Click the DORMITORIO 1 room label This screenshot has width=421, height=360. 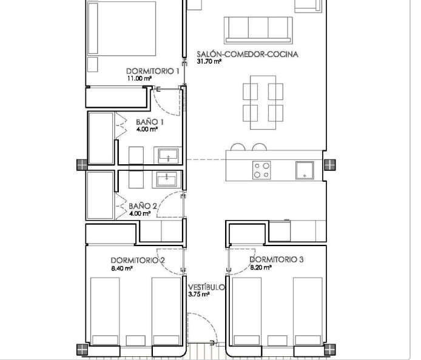tap(152, 71)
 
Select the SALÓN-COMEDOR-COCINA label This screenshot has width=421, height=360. tap(248, 54)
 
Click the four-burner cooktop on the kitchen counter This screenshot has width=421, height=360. tap(261, 170)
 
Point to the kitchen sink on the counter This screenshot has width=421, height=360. tap(305, 170)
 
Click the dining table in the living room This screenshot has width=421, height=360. tap(263, 102)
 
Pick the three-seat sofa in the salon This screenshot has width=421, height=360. tap(258, 30)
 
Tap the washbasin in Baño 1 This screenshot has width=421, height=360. tap(168, 155)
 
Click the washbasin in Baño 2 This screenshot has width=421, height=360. tap(167, 179)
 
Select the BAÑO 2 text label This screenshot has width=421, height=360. tap(143, 206)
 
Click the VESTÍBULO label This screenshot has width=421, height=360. tap(206, 287)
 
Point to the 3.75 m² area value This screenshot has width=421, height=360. tap(199, 295)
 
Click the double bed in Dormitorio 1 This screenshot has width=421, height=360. tap(121, 28)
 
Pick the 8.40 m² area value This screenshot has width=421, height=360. tap(122, 268)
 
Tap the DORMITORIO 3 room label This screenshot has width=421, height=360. tap(277, 259)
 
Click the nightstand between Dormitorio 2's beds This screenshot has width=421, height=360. tap(136, 340)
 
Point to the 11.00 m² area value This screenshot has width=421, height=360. tap(140, 78)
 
